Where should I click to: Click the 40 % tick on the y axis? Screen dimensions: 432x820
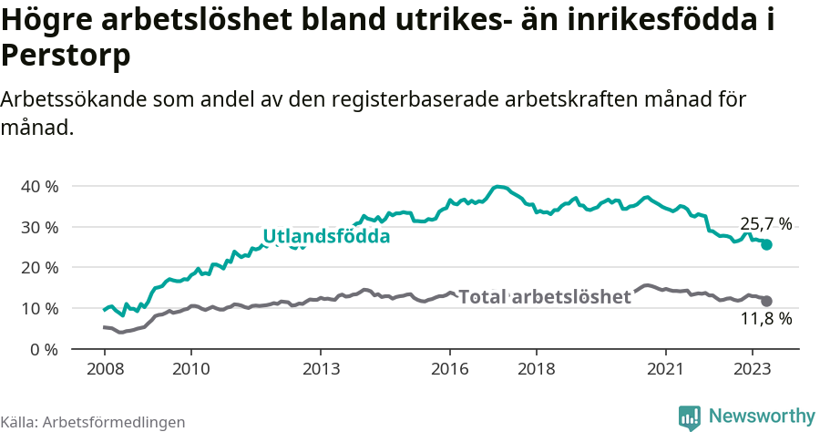pos(39,186)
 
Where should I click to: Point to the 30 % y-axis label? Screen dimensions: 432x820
pos(39,227)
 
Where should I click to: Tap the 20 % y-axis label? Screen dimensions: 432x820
pos(39,268)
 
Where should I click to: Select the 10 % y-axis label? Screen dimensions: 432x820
pos(39,309)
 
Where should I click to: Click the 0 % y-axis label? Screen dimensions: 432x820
pos(44,349)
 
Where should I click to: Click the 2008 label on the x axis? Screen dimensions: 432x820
pos(104,370)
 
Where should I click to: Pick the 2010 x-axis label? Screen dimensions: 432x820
pos(190,370)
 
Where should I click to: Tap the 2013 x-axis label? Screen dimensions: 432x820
pos(321,370)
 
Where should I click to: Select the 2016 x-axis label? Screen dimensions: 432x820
pos(450,370)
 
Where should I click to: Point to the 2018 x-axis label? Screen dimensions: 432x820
pos(537,370)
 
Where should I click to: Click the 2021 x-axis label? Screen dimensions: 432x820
pos(666,370)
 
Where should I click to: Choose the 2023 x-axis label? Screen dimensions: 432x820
pos(753,370)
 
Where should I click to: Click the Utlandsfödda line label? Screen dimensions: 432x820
pos(326,237)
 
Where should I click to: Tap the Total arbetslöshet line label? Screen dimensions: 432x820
pos(544,297)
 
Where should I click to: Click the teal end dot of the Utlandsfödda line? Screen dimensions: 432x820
pos(766,244)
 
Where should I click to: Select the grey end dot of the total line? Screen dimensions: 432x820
pos(766,301)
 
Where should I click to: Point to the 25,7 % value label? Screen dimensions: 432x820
pos(765,223)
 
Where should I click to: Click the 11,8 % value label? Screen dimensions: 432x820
pos(765,319)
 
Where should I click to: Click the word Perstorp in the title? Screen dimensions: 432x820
pos(66,57)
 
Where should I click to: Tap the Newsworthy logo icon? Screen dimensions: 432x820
pos(690,417)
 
